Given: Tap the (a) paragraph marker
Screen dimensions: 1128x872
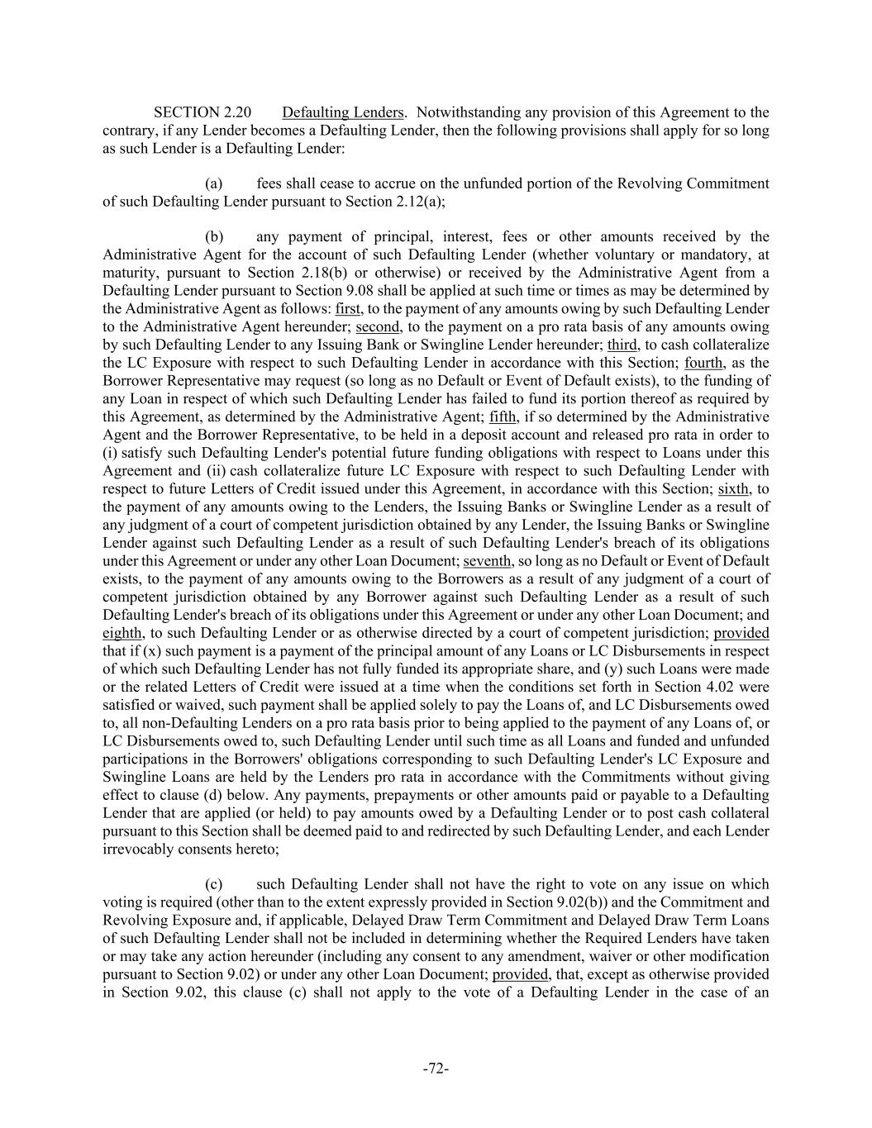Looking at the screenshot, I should click(x=214, y=183).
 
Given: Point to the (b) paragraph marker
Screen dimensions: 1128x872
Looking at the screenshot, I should click(x=214, y=237).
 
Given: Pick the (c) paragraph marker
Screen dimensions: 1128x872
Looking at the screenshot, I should click(x=214, y=884).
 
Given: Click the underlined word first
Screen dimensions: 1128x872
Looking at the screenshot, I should click(x=348, y=309).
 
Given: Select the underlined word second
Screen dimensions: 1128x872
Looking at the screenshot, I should click(x=379, y=327).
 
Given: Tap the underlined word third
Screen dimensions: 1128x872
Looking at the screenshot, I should click(x=622, y=345).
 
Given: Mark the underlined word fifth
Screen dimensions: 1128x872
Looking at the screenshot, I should click(x=503, y=417).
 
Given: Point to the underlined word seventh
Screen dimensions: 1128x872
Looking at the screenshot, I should click(x=488, y=561).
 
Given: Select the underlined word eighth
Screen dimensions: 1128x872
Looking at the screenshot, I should click(x=122, y=633).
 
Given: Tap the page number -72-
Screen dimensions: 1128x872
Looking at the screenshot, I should click(x=436, y=1069).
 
